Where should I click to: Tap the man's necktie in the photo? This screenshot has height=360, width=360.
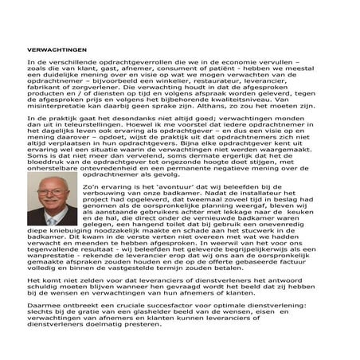(52, 221)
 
